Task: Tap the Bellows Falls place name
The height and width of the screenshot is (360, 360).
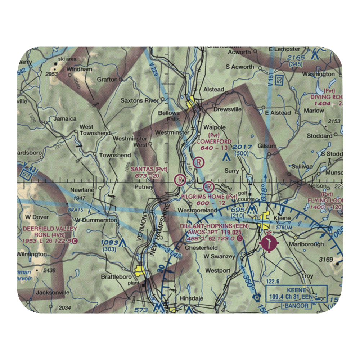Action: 169,116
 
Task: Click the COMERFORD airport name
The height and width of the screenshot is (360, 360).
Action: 214,141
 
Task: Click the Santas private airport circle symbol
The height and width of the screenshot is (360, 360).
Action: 179,179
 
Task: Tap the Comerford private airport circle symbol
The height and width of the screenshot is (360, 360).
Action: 199,162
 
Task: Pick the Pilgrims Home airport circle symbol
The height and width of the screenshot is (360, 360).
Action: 209,186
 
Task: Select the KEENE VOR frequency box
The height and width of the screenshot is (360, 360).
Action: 296,293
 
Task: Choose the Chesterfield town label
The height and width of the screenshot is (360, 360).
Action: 201,248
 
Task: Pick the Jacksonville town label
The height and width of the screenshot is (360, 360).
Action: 53,292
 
